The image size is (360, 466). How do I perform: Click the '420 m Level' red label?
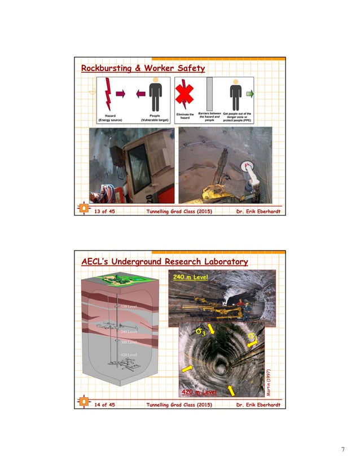click(x=198, y=391)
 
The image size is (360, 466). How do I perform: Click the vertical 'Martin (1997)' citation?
click(x=269, y=383)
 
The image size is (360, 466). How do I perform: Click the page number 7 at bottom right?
click(x=343, y=449)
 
